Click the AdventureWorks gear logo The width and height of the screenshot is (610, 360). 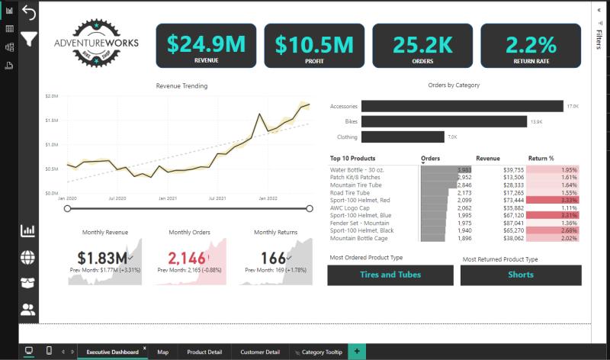[x=96, y=44]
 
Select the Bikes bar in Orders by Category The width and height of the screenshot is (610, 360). [x=444, y=121]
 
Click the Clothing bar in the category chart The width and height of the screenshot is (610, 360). [x=403, y=137]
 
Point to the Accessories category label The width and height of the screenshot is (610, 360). [x=343, y=106]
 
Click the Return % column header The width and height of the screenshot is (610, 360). [x=541, y=159]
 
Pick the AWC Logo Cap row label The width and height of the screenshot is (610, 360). [x=351, y=207]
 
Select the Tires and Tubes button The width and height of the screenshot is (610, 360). [x=390, y=275]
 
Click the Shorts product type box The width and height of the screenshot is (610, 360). [x=521, y=275]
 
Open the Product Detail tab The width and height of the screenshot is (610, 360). [x=204, y=352]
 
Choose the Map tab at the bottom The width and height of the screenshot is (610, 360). [x=163, y=352]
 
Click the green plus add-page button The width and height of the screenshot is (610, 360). [x=357, y=352]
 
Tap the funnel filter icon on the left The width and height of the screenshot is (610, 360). [x=29, y=38]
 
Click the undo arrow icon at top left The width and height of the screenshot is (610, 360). [x=29, y=13]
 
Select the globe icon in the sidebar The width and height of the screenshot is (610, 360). [x=28, y=257]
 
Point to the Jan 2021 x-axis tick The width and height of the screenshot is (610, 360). [x=169, y=198]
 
